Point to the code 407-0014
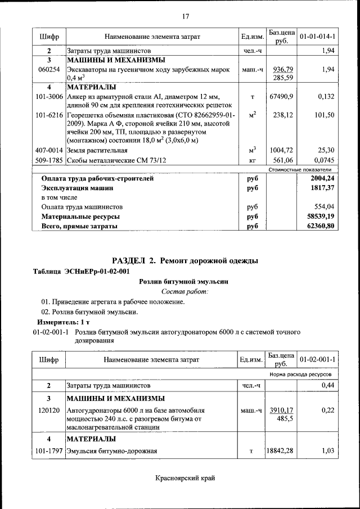49,151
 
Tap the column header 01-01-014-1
317,37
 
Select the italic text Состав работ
185,291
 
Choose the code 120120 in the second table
49,411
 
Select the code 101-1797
49,451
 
